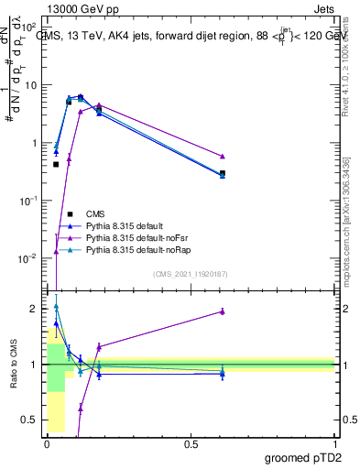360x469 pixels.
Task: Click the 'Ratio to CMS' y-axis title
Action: (14, 364)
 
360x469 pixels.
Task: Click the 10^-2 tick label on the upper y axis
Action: (27, 258)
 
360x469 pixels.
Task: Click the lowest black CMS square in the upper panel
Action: (56, 165)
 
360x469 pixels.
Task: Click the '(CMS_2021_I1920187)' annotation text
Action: (191, 273)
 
